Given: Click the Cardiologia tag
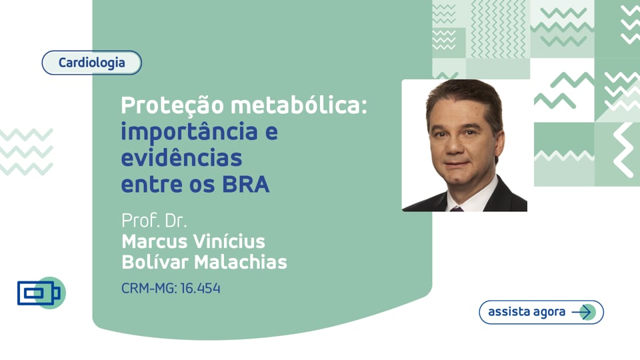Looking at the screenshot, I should (92, 63).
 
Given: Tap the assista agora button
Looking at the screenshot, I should (541, 312).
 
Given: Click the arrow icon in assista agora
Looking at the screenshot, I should (583, 312).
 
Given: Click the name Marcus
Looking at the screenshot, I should (155, 241).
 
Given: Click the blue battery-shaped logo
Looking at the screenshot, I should (39, 293).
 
